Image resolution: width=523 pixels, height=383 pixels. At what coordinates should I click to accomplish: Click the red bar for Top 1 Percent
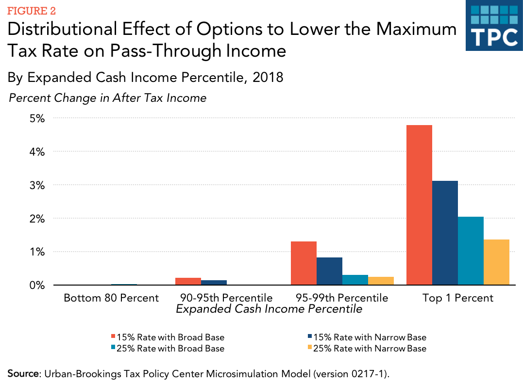[x=419, y=205]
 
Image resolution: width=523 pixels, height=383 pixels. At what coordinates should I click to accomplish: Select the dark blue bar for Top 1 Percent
[x=445, y=233]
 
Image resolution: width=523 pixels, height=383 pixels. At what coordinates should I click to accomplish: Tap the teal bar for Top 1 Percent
[x=471, y=251]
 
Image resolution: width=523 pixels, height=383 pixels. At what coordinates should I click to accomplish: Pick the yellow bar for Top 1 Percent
[x=496, y=262]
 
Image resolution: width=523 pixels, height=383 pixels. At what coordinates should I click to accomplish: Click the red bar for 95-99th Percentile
[x=304, y=263]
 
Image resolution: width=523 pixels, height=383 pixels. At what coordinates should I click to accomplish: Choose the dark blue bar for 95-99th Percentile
[x=329, y=271]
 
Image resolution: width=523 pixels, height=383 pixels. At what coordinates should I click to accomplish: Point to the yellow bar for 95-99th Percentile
[x=381, y=281]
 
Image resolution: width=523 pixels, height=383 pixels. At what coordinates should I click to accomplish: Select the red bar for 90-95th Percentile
[x=188, y=282]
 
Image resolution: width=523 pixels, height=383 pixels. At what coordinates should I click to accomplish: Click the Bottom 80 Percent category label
[x=111, y=298]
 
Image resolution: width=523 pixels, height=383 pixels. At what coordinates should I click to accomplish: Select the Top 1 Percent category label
[x=458, y=298]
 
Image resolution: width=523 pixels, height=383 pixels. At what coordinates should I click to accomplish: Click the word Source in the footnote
[x=22, y=373]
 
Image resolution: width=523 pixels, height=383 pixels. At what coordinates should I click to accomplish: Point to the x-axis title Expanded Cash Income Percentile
[x=269, y=309]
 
